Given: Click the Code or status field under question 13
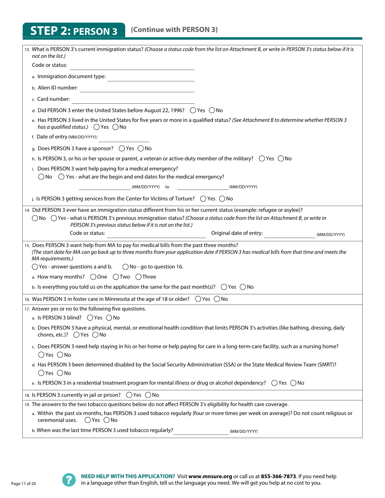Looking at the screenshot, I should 132,66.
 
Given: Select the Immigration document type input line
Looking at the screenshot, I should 150,77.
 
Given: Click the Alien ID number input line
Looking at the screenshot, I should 137,89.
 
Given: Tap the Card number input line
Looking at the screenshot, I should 133,100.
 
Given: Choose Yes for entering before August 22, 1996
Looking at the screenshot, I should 193,111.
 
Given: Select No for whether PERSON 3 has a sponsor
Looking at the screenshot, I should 141,149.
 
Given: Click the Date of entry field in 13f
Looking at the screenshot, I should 124,138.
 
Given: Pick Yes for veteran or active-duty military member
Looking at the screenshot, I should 262,159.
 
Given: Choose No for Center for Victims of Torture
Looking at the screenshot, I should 222,199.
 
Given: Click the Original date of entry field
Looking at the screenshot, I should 289,234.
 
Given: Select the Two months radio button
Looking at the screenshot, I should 116,277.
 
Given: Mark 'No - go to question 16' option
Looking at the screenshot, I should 126,267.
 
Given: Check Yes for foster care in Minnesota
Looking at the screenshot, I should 198,299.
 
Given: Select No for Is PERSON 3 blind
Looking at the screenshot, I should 109,318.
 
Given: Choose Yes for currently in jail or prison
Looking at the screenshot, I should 129,395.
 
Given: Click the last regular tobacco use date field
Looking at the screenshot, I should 201,431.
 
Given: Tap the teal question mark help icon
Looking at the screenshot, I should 69,480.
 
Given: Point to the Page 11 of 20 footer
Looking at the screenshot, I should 24,484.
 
